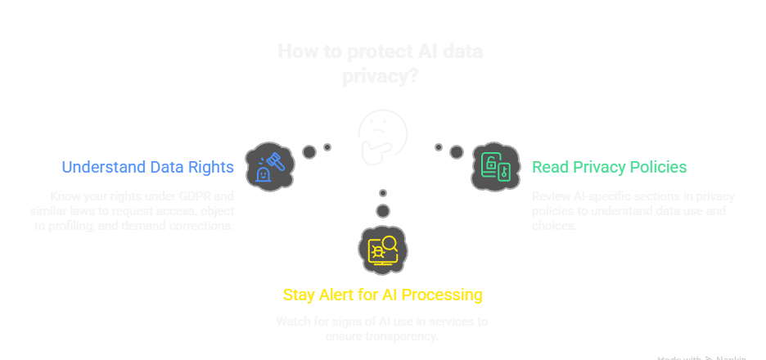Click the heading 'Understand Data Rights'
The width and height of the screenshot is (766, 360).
click(148, 167)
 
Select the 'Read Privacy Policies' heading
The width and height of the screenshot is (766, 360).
click(609, 167)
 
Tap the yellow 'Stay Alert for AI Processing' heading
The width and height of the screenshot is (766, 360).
click(382, 294)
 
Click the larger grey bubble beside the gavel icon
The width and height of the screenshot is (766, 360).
click(309, 151)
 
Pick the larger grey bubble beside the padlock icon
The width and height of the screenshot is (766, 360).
click(457, 151)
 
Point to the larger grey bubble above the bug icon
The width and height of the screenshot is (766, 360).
click(382, 211)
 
